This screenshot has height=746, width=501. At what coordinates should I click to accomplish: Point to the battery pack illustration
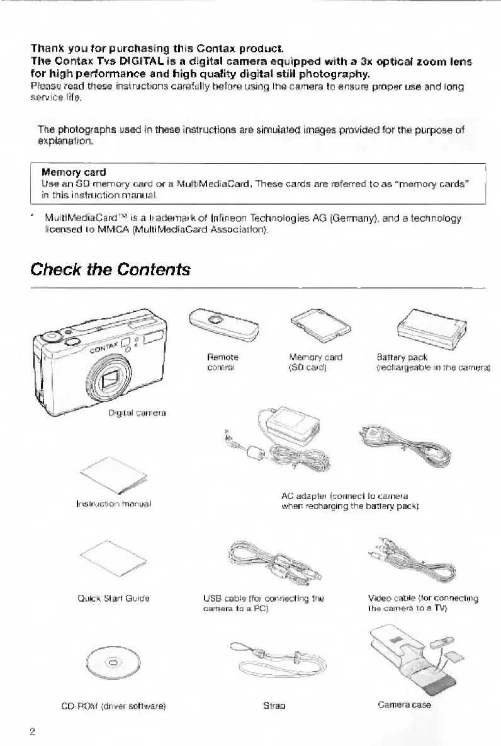tap(429, 327)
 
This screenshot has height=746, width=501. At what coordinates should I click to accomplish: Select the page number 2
tap(31, 731)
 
